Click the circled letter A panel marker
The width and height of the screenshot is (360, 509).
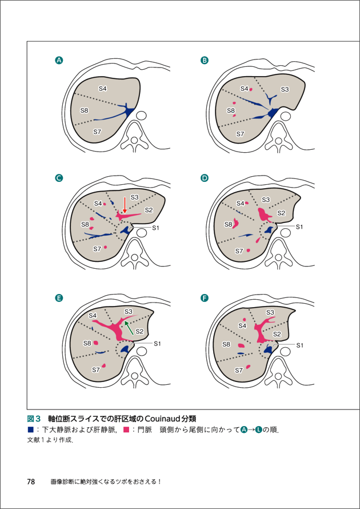pyautogui.click(x=58, y=59)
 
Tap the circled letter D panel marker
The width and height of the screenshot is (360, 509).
pyautogui.click(x=205, y=178)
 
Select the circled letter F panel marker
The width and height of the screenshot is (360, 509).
pyautogui.click(x=205, y=298)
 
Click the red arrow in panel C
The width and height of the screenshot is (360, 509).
pyautogui.click(x=125, y=205)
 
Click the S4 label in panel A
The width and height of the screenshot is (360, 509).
pyautogui.click(x=103, y=88)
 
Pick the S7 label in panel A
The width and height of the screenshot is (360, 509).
pyautogui.click(x=97, y=132)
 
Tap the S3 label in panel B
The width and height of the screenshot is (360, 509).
pyautogui.click(x=285, y=89)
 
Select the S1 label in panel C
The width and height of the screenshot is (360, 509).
pyautogui.click(x=158, y=228)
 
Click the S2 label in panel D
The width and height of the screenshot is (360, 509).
pyautogui.click(x=281, y=213)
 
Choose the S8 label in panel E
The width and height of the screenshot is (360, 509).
pyautogui.click(x=87, y=343)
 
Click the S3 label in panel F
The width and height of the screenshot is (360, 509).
pyautogui.click(x=270, y=312)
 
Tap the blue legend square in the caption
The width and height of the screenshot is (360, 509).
pyautogui.click(x=31, y=430)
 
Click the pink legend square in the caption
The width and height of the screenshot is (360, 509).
pyautogui.click(x=127, y=430)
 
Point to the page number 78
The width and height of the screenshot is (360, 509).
pyautogui.click(x=32, y=481)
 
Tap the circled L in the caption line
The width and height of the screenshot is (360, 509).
pyautogui.click(x=258, y=430)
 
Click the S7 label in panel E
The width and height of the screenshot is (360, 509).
pyautogui.click(x=96, y=370)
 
